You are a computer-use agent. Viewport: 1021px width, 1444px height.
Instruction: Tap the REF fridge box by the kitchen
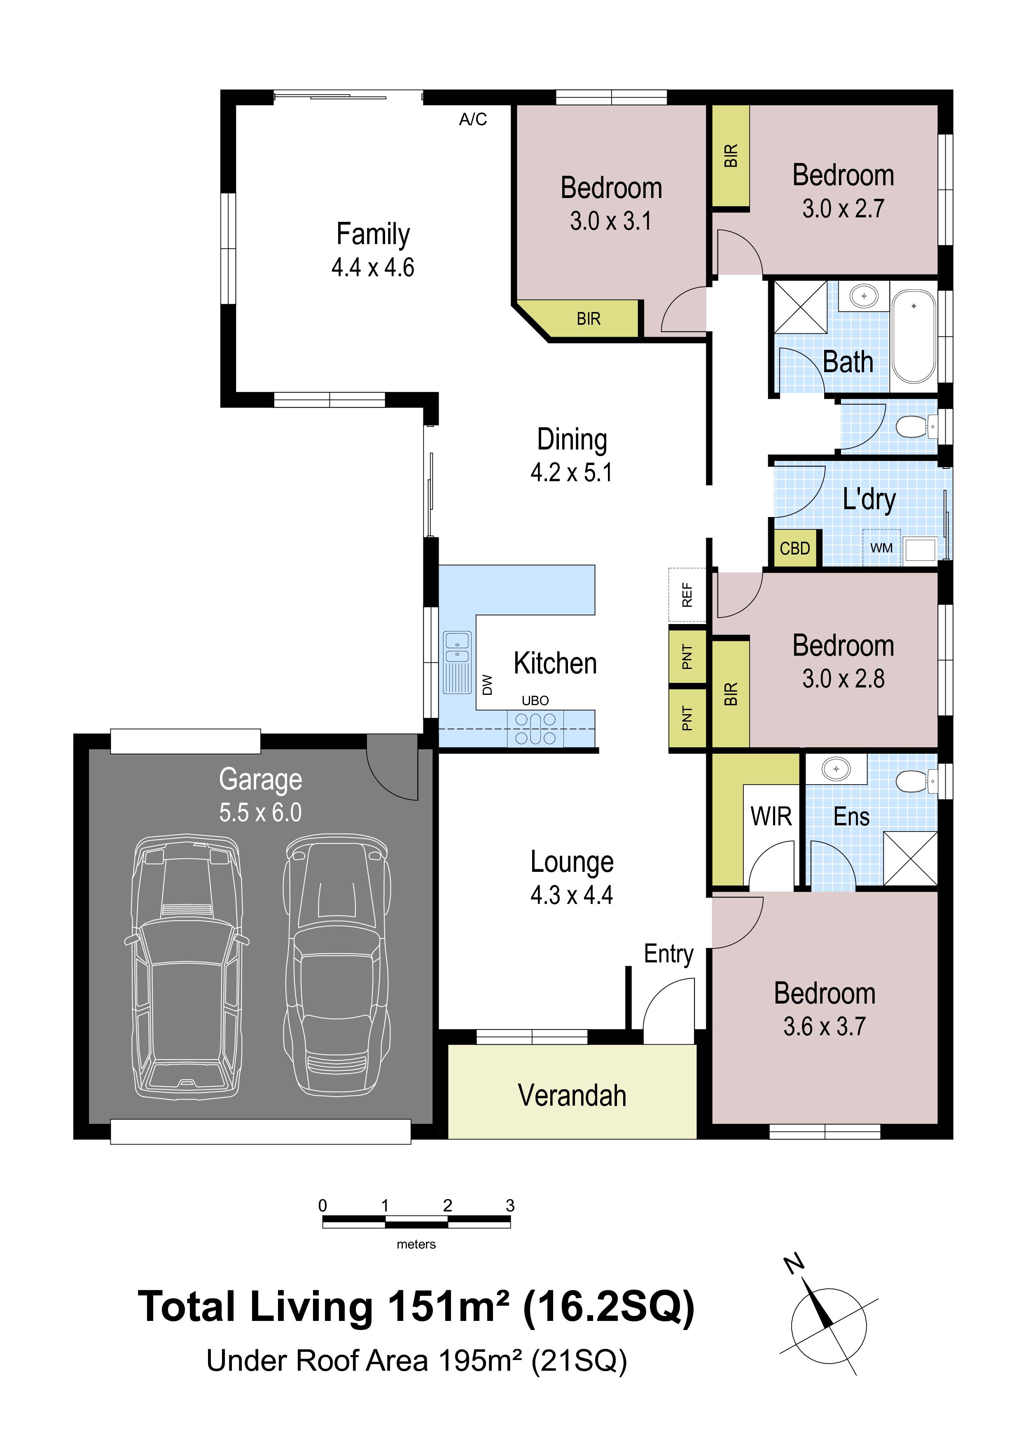[x=687, y=594]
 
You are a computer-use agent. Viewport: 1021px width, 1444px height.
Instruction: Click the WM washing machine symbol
[x=881, y=548]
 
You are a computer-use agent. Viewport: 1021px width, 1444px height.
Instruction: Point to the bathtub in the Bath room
[x=914, y=336]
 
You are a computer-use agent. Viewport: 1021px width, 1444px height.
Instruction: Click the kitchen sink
[x=457, y=662]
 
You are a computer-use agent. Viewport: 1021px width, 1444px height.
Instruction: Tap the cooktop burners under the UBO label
[x=535, y=728]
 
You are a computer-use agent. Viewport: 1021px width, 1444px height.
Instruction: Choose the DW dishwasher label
[x=487, y=685]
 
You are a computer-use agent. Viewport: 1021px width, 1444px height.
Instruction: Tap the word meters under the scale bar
[x=416, y=1244]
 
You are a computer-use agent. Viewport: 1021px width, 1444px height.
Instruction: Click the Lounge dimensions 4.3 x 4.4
[x=571, y=894]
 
